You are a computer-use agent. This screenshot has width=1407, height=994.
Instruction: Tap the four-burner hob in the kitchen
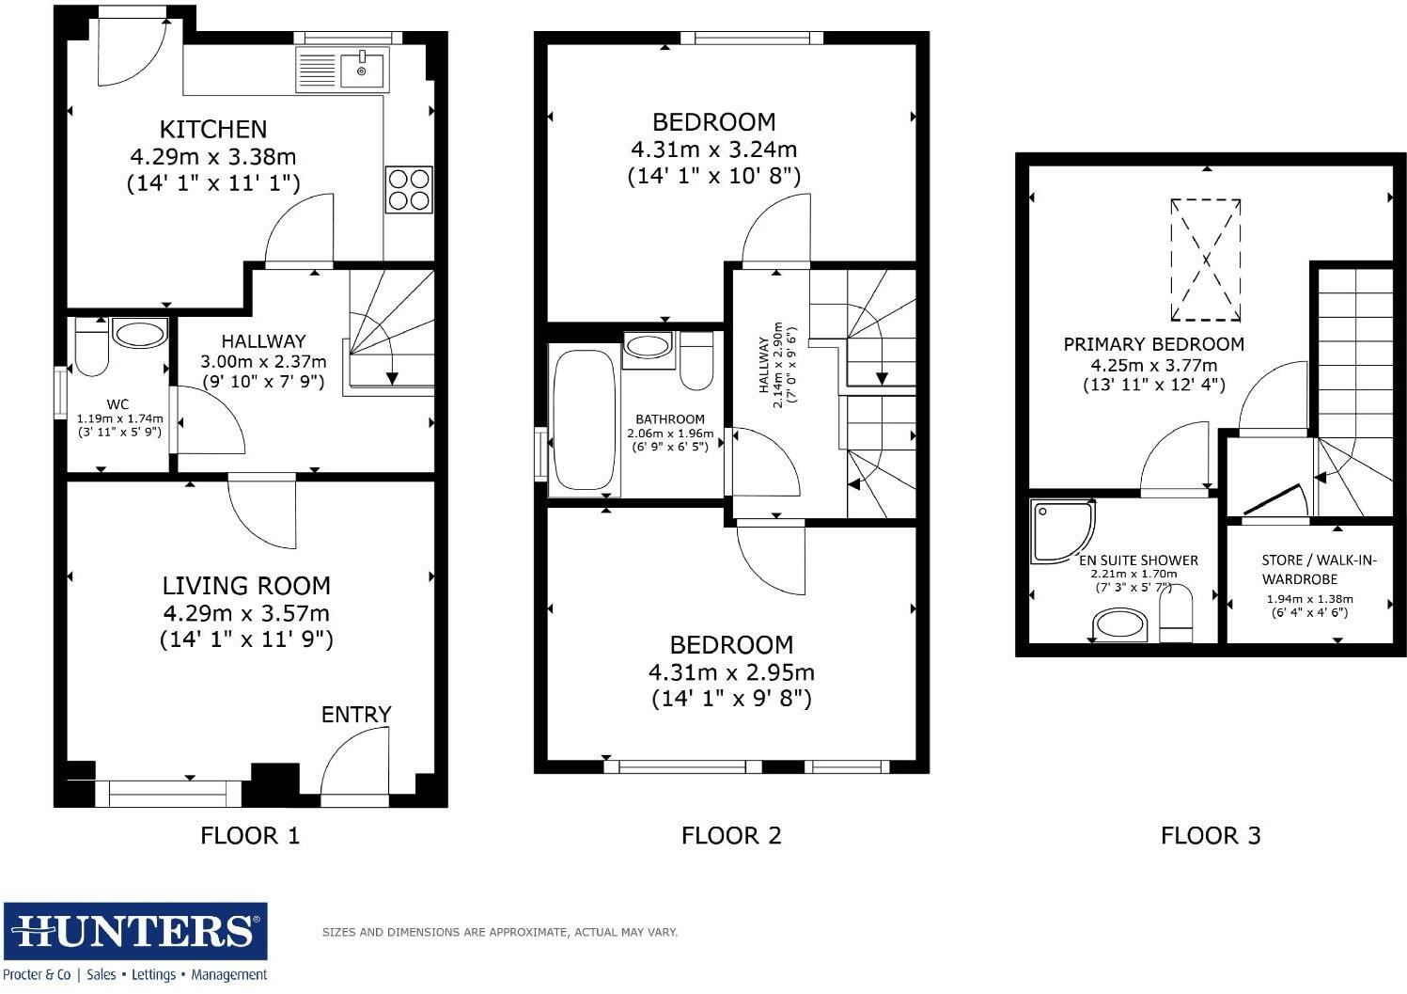click(409, 189)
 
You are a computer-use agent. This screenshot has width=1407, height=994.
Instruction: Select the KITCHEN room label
click(212, 129)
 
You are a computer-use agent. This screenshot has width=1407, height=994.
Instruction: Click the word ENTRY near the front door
click(356, 715)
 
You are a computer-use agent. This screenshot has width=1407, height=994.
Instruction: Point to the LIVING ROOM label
click(246, 586)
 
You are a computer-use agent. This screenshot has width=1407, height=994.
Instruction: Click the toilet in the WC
click(91, 347)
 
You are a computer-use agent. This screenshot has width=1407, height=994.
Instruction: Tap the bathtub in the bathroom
click(584, 419)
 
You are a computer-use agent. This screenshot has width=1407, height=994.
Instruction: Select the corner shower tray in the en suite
click(1060, 529)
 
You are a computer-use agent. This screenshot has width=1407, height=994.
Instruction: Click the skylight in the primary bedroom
click(1205, 260)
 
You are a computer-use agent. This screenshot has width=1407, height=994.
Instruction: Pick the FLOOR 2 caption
click(731, 835)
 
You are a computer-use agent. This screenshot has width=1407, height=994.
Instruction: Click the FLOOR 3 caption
click(1211, 835)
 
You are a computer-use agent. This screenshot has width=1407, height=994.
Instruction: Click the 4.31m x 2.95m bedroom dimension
click(731, 672)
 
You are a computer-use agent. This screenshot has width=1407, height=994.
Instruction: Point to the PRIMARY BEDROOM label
click(1153, 344)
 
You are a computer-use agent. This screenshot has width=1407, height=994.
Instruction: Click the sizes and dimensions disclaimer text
click(499, 932)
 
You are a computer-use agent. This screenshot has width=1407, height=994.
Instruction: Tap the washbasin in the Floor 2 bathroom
click(648, 345)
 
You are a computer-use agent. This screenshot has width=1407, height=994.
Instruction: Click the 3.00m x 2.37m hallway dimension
click(263, 361)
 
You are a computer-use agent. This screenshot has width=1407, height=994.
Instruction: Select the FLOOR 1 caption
click(250, 835)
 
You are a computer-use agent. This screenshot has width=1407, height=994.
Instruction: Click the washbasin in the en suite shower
click(1118, 624)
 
